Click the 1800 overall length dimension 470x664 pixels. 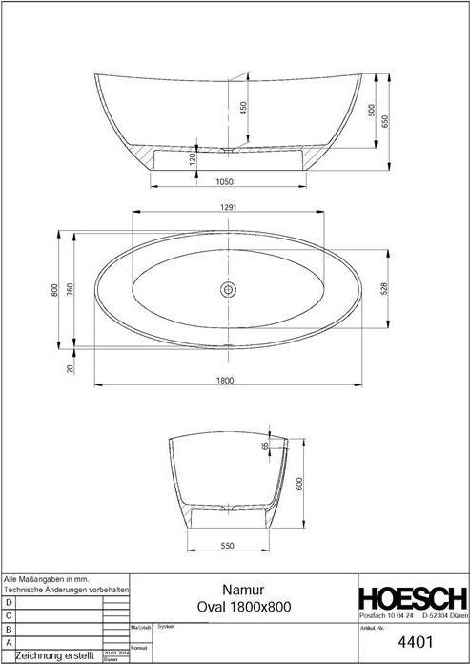(x=225, y=380)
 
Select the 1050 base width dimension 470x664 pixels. (x=225, y=181)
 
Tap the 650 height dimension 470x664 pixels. (x=385, y=122)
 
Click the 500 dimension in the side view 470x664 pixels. (x=372, y=110)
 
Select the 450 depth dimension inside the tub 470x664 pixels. (x=243, y=109)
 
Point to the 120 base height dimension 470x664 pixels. (x=193, y=159)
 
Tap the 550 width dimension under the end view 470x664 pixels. (x=228, y=546)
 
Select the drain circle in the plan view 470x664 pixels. (x=229, y=288)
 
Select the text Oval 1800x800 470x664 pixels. (x=243, y=607)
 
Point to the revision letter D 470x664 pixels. (x=9, y=603)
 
